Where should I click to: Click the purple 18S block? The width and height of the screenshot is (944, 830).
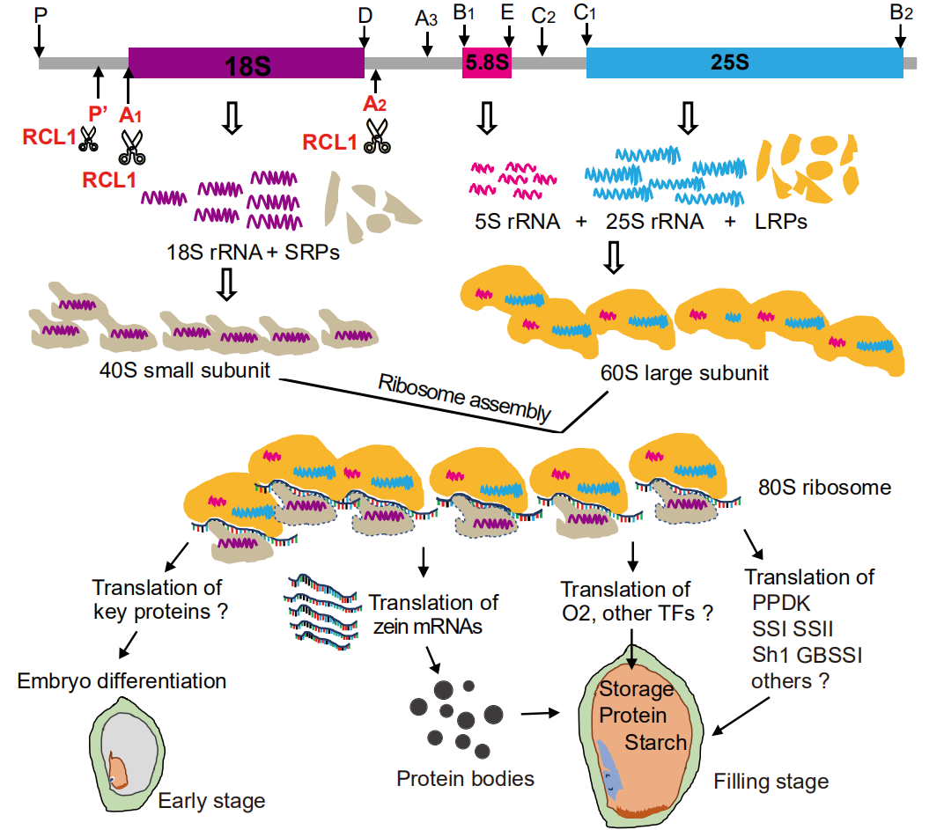pos(247,63)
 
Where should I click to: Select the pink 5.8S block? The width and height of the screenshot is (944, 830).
pos(487,63)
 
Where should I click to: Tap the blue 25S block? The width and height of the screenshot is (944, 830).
pos(744,63)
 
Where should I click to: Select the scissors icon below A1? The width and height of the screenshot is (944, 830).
pos(133,146)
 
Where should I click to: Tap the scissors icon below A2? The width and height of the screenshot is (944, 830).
pos(377,138)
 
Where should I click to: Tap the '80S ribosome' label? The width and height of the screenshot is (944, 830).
pos(824,487)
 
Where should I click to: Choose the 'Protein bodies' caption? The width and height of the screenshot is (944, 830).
pos(465,778)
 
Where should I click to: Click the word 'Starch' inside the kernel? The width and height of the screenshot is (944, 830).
pos(656,742)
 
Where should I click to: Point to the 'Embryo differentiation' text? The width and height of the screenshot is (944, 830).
pos(122,680)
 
